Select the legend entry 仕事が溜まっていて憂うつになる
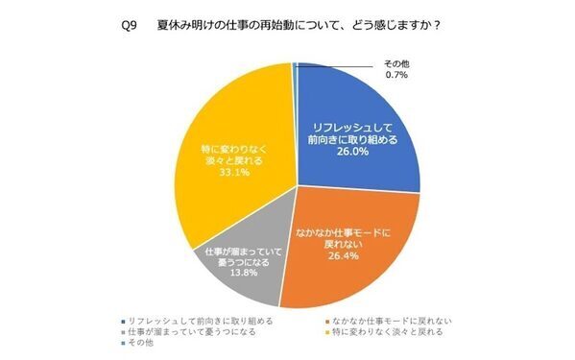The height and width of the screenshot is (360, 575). (185, 330)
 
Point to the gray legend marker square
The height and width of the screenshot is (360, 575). (122, 330)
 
